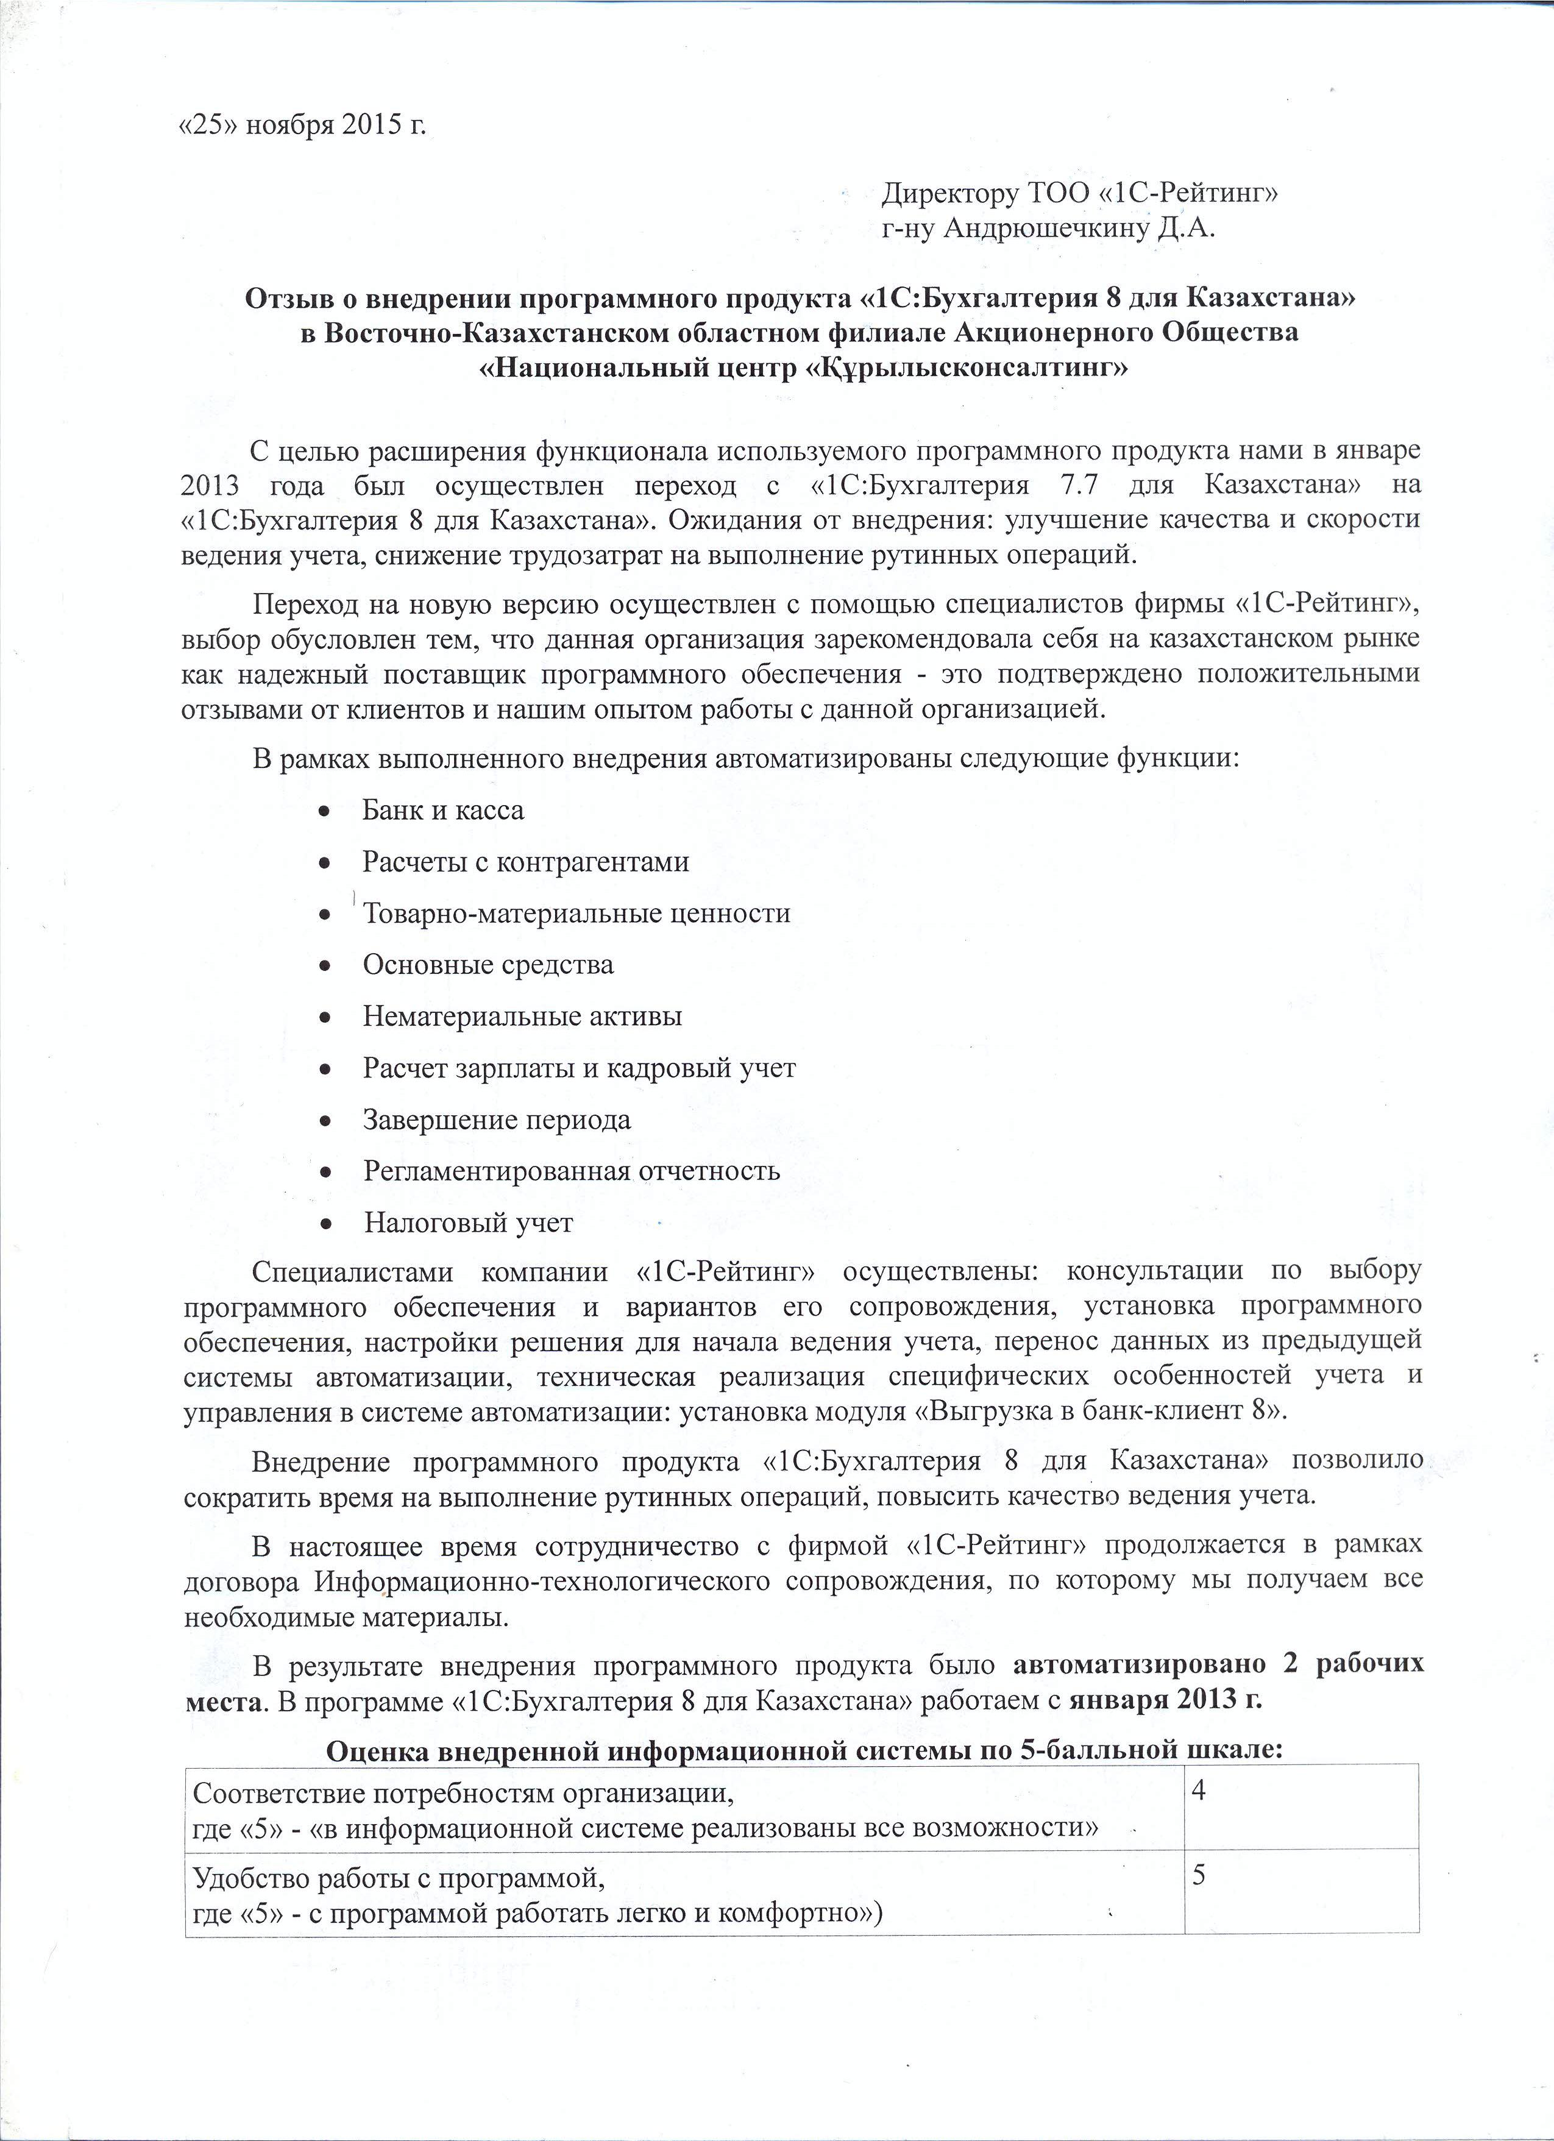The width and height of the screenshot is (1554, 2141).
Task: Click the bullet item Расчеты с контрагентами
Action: click(x=526, y=862)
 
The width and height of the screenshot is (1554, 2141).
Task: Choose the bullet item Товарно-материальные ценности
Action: click(x=577, y=913)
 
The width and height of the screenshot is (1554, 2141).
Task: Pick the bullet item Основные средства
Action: click(x=488, y=965)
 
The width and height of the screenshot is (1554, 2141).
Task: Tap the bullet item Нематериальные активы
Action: click(x=522, y=1017)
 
